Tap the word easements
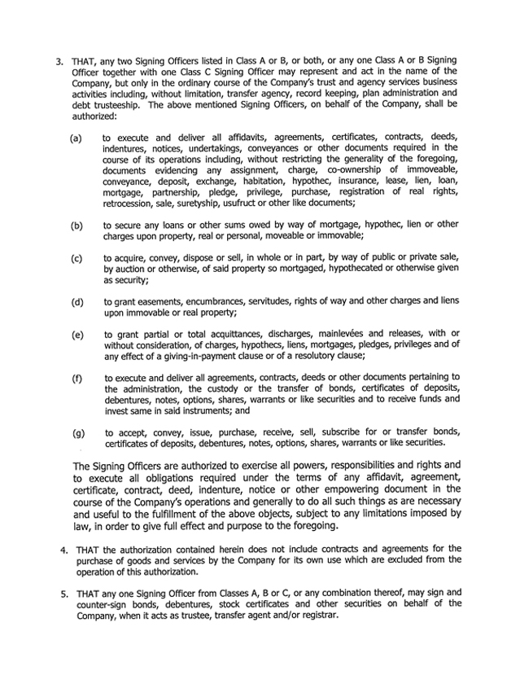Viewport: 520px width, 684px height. pos(164,302)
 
